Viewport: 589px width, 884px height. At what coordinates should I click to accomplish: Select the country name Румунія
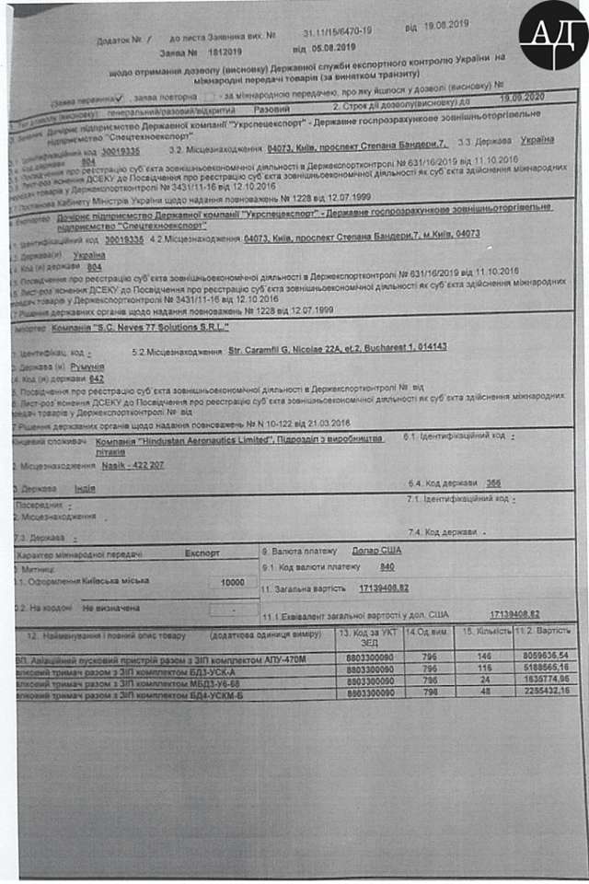(x=87, y=366)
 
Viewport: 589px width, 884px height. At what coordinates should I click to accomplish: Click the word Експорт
(x=202, y=554)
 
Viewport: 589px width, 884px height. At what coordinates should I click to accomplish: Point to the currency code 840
(x=387, y=567)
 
